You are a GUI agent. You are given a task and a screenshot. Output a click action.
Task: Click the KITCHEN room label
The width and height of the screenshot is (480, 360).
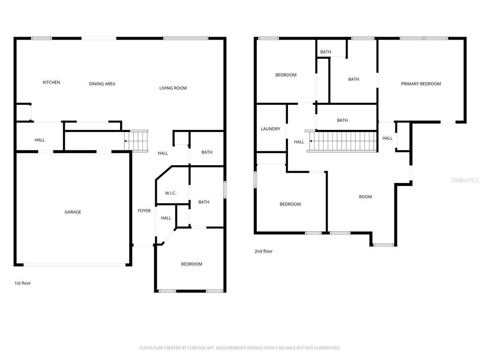click(51, 82)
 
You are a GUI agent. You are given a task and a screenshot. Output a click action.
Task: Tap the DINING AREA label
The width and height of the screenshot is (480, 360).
click(102, 84)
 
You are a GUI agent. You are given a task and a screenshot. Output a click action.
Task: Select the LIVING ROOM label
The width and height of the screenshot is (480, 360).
click(173, 88)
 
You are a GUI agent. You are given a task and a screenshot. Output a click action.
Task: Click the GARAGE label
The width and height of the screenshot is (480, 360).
click(73, 212)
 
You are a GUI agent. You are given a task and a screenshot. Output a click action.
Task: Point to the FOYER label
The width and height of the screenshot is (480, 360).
click(144, 211)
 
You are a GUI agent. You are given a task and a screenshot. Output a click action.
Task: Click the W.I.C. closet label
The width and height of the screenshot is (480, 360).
click(171, 193)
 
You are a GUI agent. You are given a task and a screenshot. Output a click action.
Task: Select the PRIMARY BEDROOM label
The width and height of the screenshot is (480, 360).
click(421, 84)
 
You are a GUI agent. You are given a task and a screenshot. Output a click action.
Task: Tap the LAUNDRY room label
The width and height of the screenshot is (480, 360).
click(270, 129)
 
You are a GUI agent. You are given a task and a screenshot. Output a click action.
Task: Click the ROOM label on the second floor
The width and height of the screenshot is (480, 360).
click(365, 197)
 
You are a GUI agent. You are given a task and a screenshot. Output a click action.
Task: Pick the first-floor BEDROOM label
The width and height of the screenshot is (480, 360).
click(192, 264)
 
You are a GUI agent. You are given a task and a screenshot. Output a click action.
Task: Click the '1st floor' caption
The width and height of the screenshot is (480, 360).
click(22, 283)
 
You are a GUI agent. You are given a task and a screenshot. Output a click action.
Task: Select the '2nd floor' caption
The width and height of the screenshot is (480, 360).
click(263, 251)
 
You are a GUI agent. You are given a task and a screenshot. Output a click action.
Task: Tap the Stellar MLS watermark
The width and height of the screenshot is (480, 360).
click(465, 180)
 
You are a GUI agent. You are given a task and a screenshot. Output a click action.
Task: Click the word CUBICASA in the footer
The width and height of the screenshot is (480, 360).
click(192, 348)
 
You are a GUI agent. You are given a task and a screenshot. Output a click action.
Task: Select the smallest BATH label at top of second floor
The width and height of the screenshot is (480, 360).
click(325, 52)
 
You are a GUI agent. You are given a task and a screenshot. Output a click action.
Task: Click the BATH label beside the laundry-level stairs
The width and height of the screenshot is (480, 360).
click(342, 120)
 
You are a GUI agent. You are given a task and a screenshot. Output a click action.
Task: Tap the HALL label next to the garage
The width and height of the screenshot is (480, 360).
click(40, 140)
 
